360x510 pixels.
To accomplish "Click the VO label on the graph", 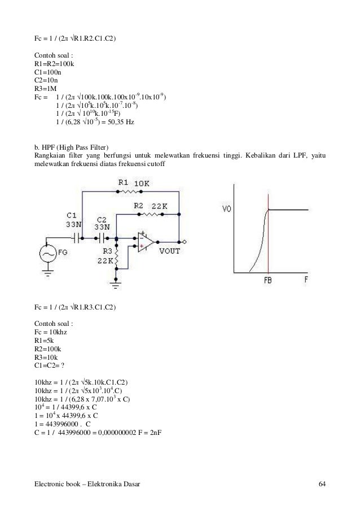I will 226,208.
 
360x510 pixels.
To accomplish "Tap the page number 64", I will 322,484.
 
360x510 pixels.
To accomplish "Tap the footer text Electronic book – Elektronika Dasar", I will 87,484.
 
